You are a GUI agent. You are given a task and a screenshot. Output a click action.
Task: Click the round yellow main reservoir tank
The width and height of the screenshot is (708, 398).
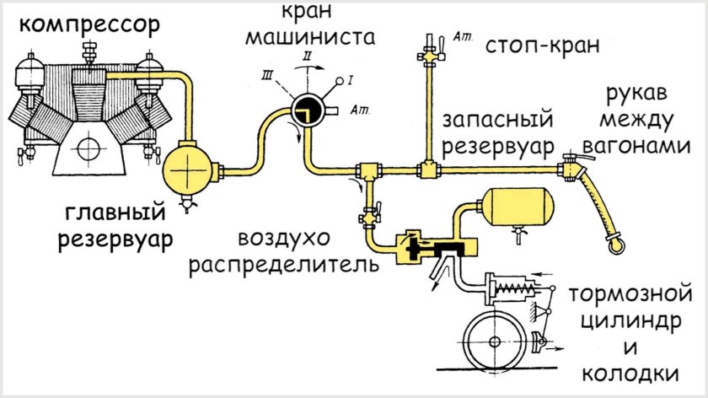[189, 169]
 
